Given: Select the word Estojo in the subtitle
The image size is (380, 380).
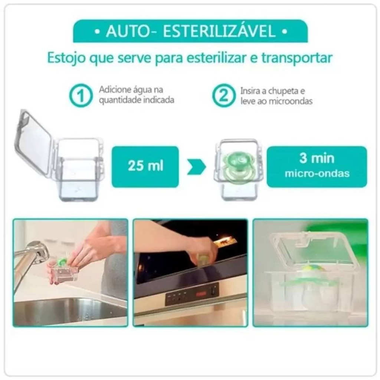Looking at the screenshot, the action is (x=66, y=58).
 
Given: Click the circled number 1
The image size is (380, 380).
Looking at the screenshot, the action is (x=81, y=95).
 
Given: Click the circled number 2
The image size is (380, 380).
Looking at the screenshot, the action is (x=224, y=95).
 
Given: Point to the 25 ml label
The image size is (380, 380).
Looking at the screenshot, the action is (x=145, y=166).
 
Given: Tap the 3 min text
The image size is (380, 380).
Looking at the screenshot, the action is (x=317, y=158).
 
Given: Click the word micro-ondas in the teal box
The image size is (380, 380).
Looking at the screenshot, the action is (x=317, y=174).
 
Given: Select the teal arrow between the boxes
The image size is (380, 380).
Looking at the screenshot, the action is (x=196, y=167).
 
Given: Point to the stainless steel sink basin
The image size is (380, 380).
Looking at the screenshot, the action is (x=70, y=311).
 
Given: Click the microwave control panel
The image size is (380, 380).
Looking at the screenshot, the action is (x=192, y=294).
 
